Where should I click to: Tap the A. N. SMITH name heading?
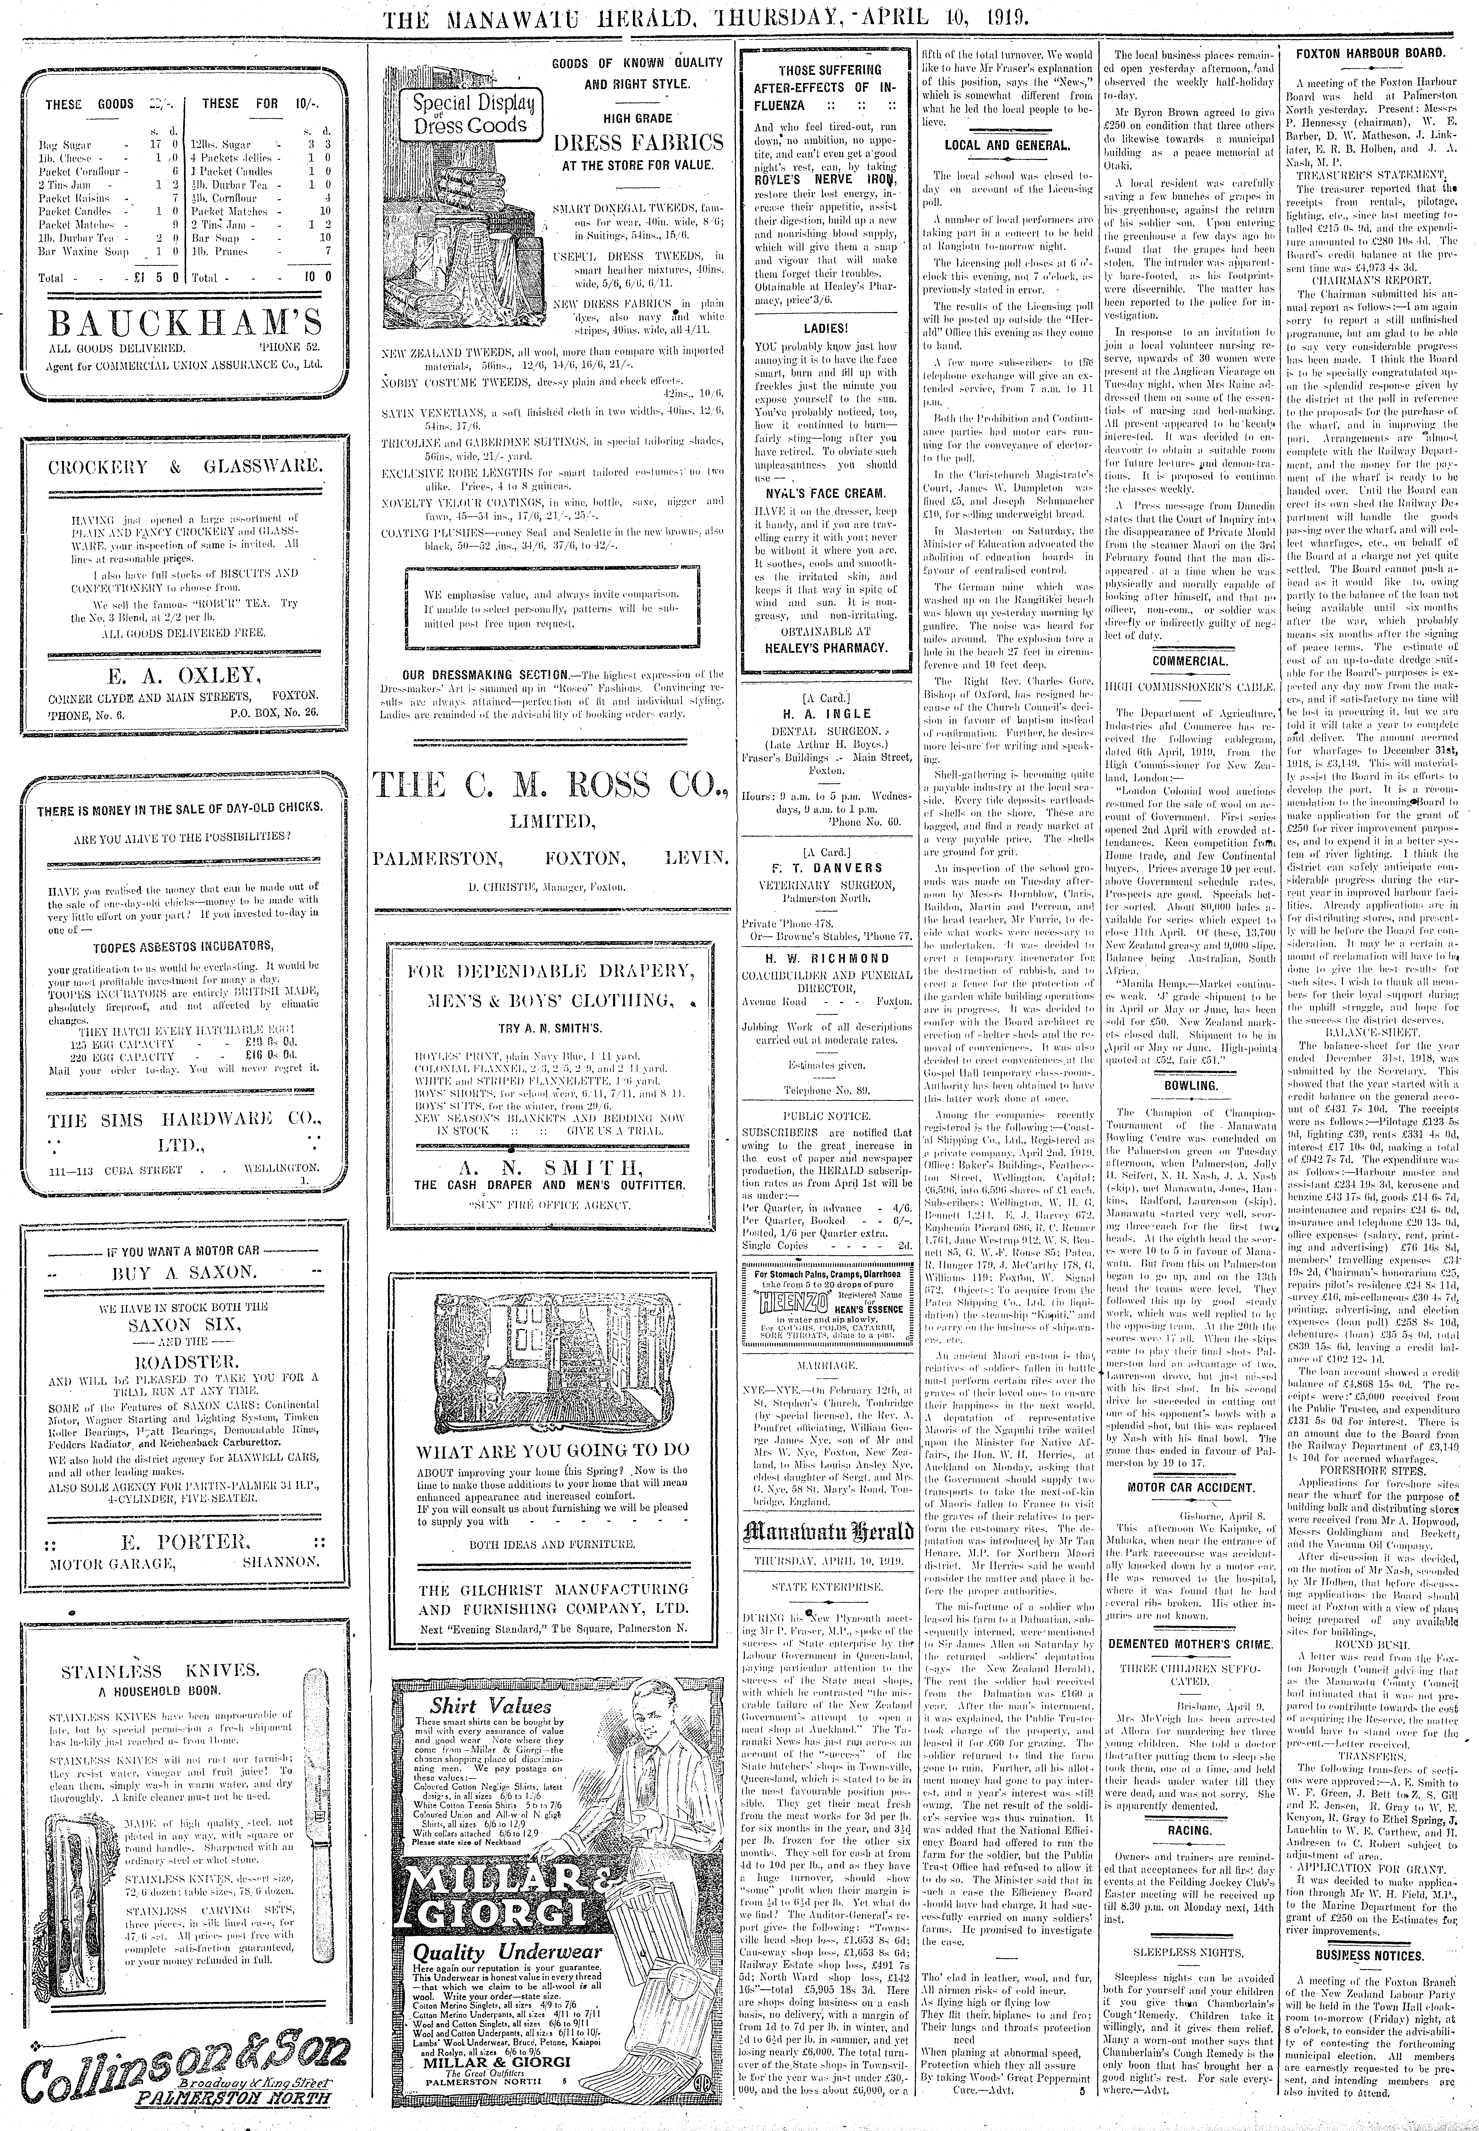[550, 1165]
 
